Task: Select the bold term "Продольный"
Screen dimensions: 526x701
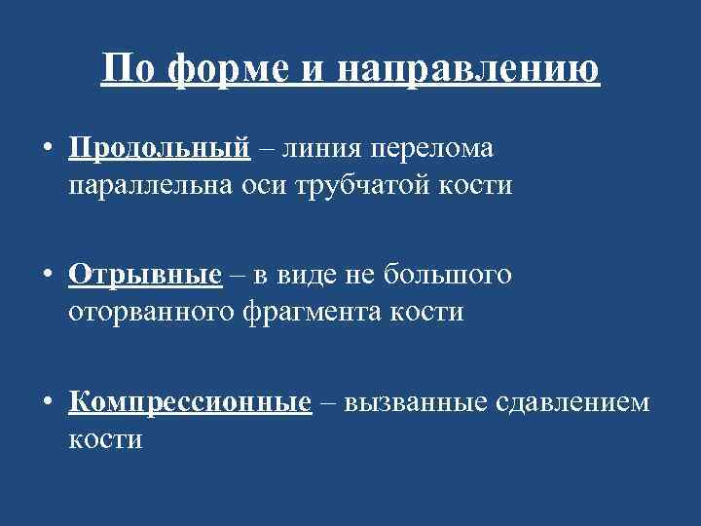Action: point(160,149)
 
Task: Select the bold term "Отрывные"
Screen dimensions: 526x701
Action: point(145,276)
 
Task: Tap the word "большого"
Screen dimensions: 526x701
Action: point(450,276)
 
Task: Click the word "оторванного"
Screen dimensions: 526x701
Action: point(155,312)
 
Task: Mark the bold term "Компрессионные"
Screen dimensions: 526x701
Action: point(190,402)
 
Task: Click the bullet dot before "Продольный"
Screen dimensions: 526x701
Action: point(47,150)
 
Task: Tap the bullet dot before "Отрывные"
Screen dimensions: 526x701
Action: point(47,277)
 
